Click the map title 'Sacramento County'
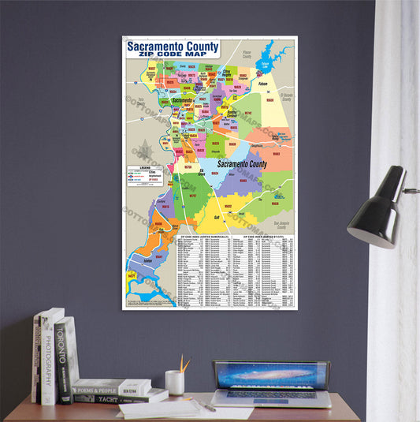(174, 47)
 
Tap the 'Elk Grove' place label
(201, 170)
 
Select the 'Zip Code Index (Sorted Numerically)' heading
(203, 235)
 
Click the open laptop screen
(271, 375)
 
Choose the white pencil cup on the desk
(175, 383)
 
